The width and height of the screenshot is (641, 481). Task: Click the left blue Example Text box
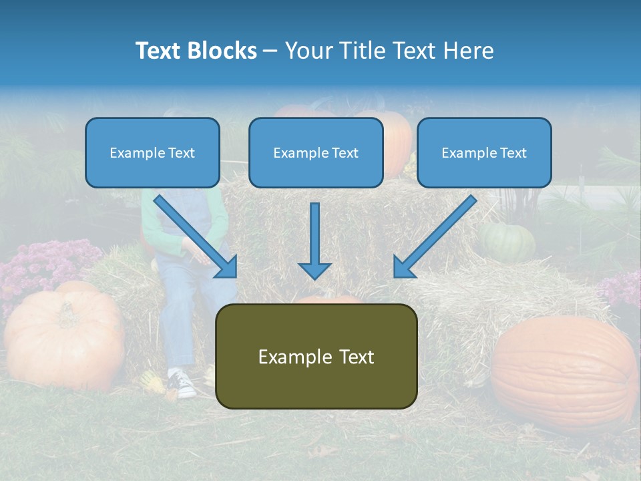tap(152, 152)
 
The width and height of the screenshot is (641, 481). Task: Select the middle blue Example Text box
tap(316, 152)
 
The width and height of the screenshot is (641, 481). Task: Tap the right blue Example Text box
tap(484, 152)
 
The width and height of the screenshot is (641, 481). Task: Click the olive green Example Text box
tap(316, 356)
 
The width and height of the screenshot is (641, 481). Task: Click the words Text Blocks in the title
tap(196, 51)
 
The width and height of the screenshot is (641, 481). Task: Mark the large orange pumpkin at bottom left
tap(63, 337)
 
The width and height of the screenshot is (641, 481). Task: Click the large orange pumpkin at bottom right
tap(564, 371)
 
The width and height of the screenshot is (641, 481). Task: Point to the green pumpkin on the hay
tap(507, 242)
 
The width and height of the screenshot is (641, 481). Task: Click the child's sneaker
tap(182, 383)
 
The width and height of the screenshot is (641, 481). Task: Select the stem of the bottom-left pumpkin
tap(67, 311)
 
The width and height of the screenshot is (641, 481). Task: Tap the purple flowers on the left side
tap(40, 264)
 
